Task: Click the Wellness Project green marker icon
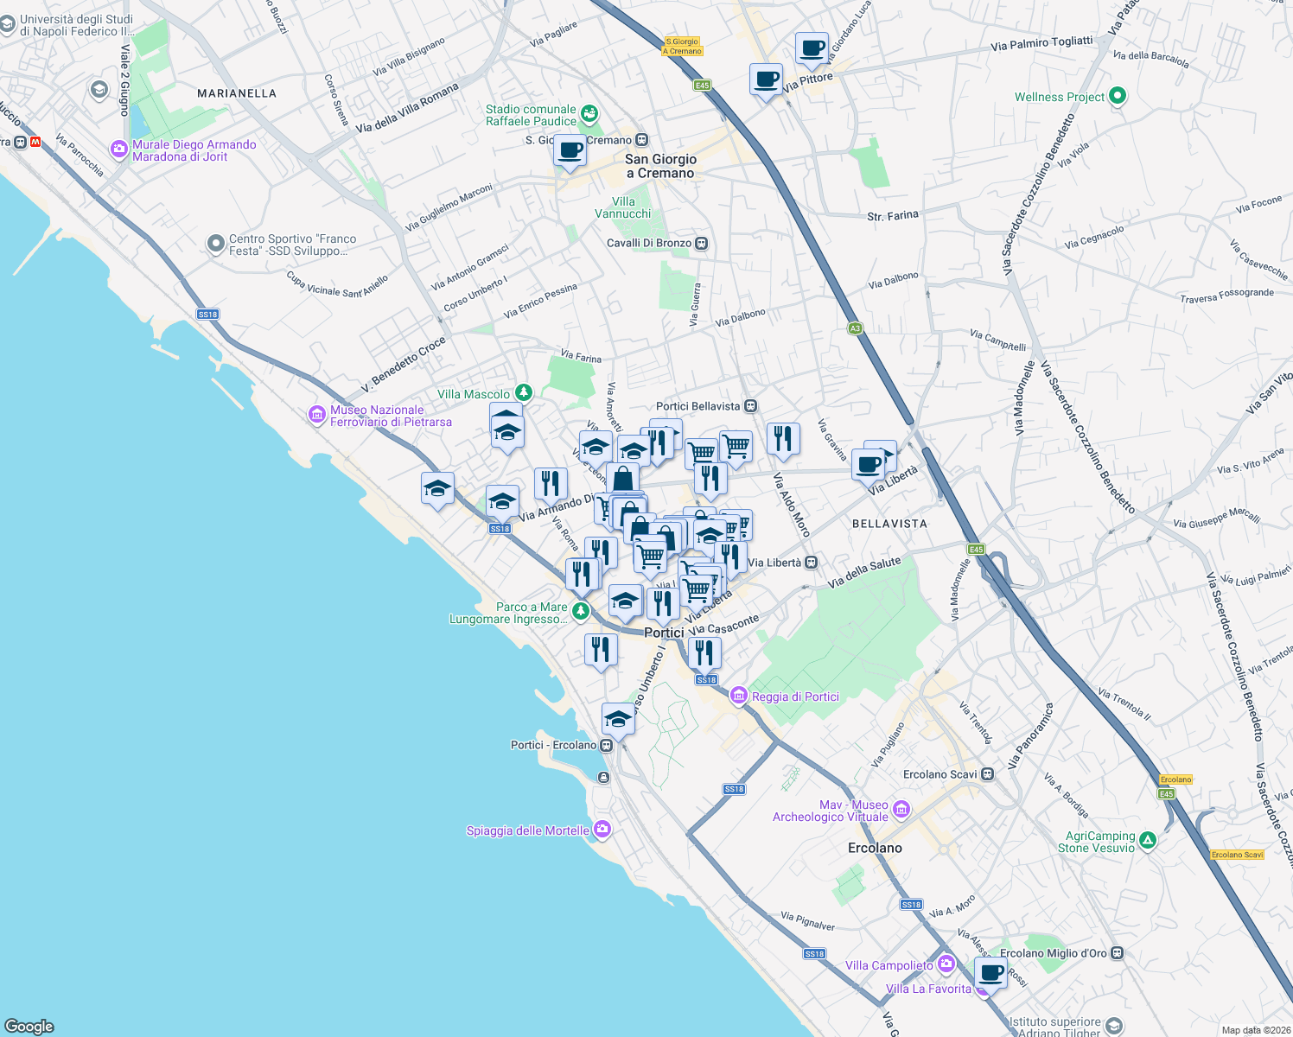pyautogui.click(x=1117, y=96)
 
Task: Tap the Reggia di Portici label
pyautogui.click(x=795, y=697)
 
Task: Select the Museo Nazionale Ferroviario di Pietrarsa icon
pyautogui.click(x=317, y=416)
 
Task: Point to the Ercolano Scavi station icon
pyautogui.click(x=986, y=774)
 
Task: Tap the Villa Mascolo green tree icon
pyautogui.click(x=522, y=393)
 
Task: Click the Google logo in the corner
pyautogui.click(x=29, y=1026)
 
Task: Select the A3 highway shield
pyautogui.click(x=855, y=328)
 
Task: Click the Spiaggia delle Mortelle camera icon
pyautogui.click(x=602, y=830)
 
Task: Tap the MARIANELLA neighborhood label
pyautogui.click(x=237, y=93)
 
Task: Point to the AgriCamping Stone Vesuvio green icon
pyautogui.click(x=1147, y=840)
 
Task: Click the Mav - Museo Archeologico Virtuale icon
pyautogui.click(x=901, y=810)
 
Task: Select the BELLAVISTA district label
pyautogui.click(x=889, y=524)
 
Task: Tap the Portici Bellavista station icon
pyautogui.click(x=750, y=406)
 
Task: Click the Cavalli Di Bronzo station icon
pyautogui.click(x=702, y=244)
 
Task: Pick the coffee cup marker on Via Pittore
pyautogui.click(x=766, y=80)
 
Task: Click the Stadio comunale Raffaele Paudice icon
pyautogui.click(x=589, y=113)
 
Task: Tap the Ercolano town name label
pyautogui.click(x=875, y=848)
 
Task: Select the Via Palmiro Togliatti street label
pyautogui.click(x=1041, y=43)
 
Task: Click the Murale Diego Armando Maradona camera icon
pyautogui.click(x=119, y=150)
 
